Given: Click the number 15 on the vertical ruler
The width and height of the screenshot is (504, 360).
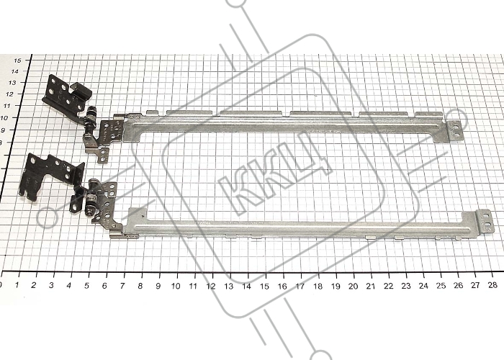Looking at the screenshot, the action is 18,60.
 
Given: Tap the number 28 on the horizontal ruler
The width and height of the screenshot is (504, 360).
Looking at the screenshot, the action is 492,285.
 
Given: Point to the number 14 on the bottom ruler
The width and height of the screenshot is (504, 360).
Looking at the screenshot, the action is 246,286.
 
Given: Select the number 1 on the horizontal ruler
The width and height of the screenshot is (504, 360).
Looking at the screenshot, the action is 17,285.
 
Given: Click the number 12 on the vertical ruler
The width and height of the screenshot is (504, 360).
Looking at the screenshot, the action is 11,94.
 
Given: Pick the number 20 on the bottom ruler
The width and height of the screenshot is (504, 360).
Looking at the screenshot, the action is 353,286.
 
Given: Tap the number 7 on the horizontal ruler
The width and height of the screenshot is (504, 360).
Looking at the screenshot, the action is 122,286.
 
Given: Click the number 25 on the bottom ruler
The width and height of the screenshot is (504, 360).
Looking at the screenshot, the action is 441,286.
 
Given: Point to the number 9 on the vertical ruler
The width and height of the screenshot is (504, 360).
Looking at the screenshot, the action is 4,130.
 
